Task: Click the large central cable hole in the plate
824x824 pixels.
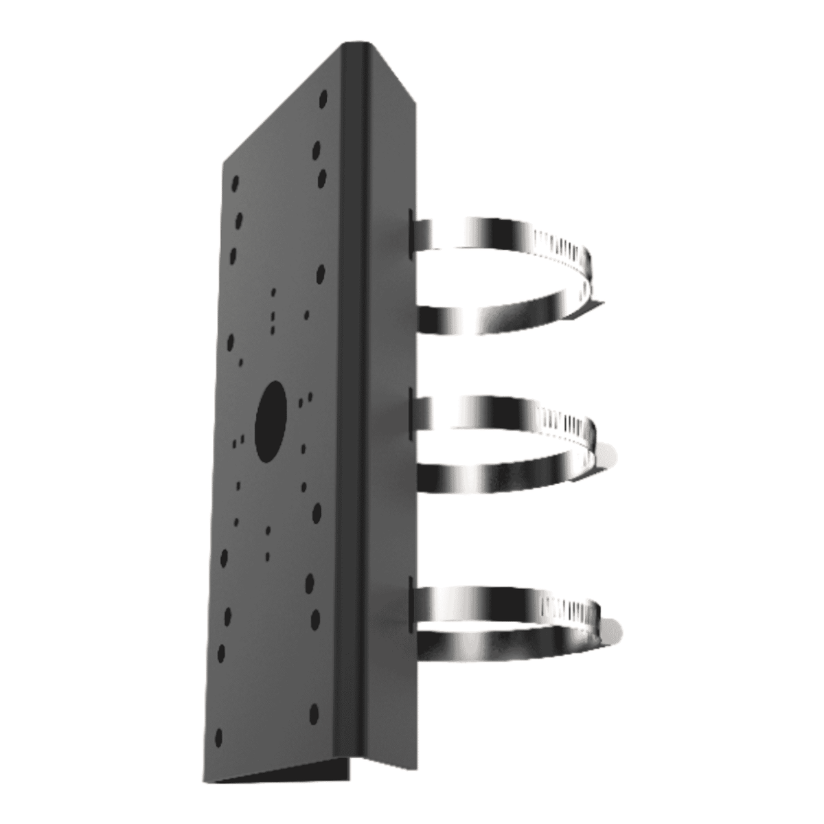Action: point(271,420)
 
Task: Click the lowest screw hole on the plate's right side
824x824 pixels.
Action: point(314,711)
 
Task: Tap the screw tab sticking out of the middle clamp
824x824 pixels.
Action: point(608,453)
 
